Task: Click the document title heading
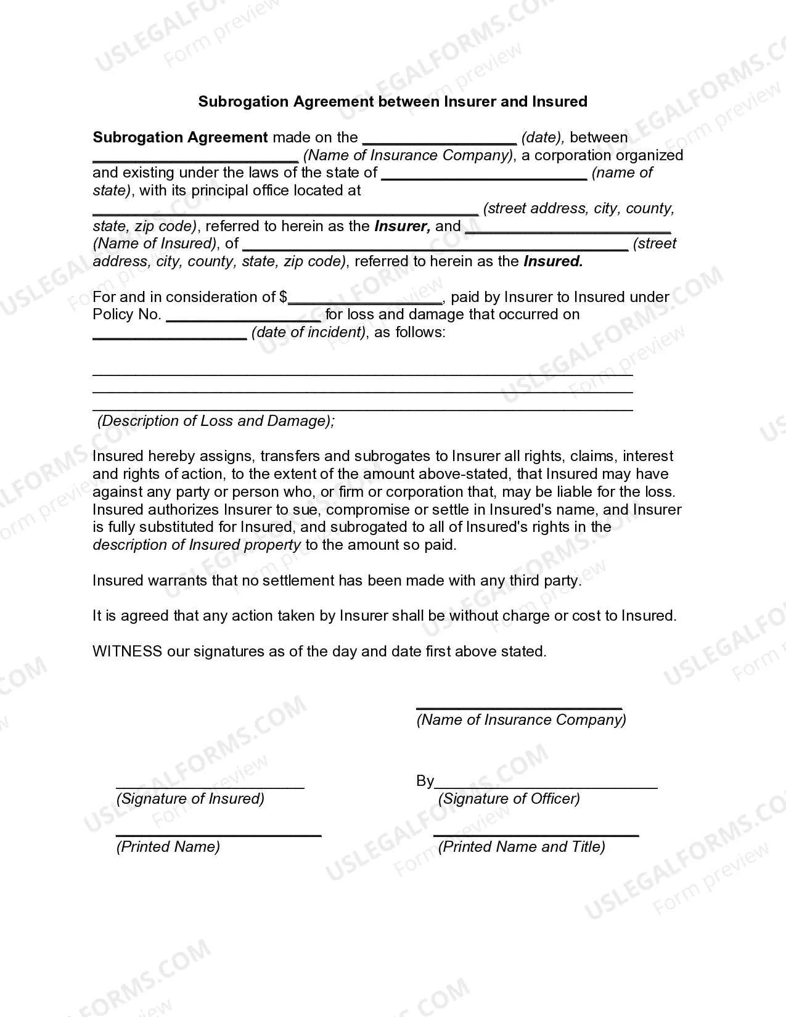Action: point(393,102)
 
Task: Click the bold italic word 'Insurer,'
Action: point(402,226)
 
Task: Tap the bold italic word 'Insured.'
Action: point(553,261)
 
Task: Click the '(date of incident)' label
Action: point(309,332)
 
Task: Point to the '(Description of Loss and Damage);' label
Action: point(216,421)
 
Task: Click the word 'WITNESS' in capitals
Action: point(127,651)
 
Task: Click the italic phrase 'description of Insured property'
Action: point(197,545)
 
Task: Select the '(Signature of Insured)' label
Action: point(190,799)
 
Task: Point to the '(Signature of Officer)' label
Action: point(509,799)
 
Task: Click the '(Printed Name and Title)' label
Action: point(522,847)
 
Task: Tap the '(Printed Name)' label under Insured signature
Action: point(168,847)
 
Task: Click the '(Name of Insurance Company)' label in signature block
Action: point(522,720)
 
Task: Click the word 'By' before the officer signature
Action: point(425,781)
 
